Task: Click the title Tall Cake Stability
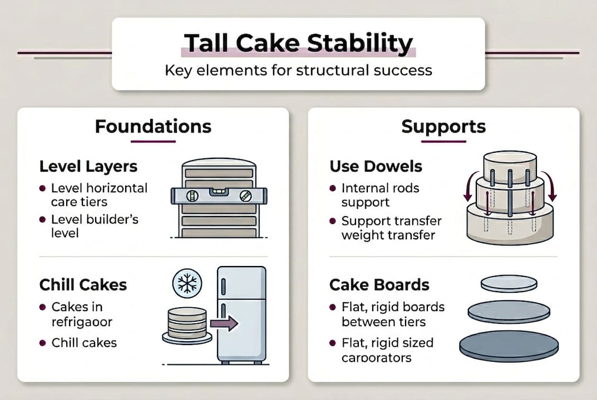click(x=298, y=43)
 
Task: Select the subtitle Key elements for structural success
click(x=298, y=71)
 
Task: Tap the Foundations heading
click(x=153, y=126)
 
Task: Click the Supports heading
click(x=443, y=126)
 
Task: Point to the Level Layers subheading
click(x=88, y=166)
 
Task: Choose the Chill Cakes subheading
click(x=83, y=285)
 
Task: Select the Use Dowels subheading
click(x=376, y=166)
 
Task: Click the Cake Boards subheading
click(x=379, y=285)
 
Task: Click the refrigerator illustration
click(x=241, y=314)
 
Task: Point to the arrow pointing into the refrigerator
click(x=225, y=323)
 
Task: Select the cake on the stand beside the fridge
click(x=187, y=325)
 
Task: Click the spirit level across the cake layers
click(x=218, y=196)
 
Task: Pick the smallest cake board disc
click(x=509, y=283)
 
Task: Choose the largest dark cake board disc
click(x=509, y=345)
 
